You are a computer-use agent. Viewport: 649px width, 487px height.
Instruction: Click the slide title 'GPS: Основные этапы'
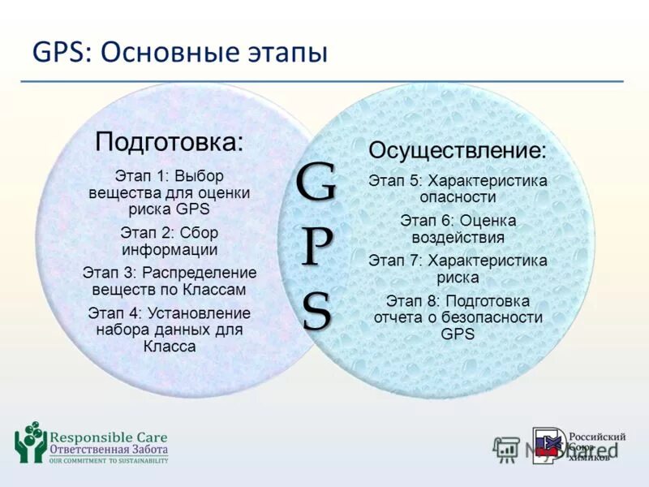click(x=179, y=53)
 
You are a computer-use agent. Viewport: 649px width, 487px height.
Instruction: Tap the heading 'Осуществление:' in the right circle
click(x=458, y=150)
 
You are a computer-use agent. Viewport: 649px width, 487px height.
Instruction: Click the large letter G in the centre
click(x=316, y=184)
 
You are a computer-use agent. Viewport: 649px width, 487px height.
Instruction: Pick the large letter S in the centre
click(x=316, y=310)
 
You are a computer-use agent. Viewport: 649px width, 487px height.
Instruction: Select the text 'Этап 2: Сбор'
click(x=170, y=233)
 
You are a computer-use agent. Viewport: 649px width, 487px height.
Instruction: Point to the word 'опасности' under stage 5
click(x=458, y=196)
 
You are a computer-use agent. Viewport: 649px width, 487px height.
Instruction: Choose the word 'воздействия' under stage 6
click(x=458, y=238)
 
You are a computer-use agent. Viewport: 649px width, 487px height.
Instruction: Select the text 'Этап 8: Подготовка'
click(x=458, y=301)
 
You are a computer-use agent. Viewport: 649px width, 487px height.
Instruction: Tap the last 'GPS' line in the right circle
click(x=458, y=334)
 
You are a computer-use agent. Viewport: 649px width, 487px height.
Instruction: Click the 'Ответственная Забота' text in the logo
click(x=109, y=450)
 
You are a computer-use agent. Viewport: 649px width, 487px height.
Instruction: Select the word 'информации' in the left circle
click(x=170, y=249)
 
